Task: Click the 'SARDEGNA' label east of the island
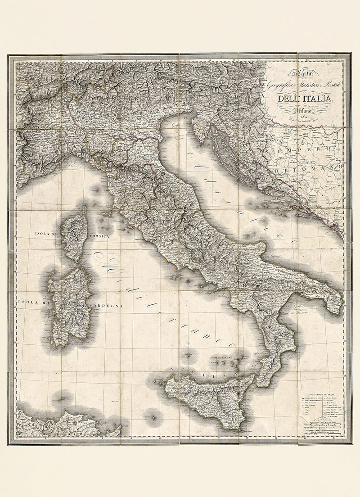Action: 106,305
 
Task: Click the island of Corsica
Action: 74,234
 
